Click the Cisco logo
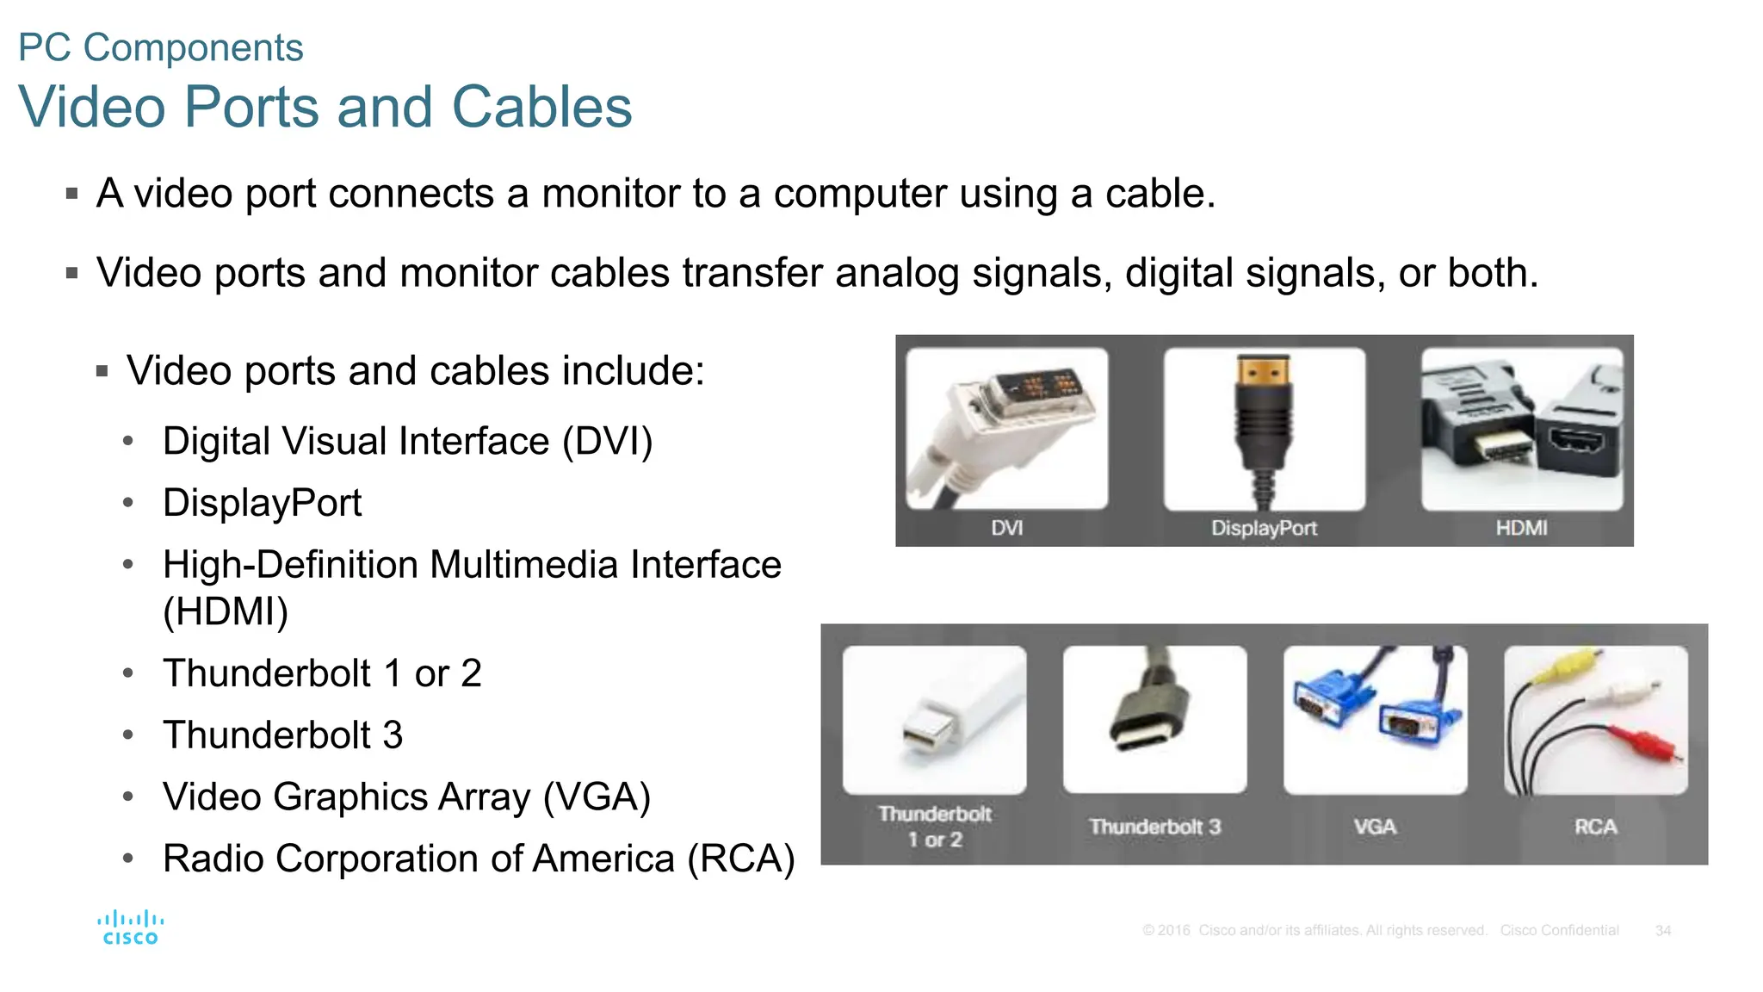(x=130, y=928)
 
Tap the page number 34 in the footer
(x=1662, y=931)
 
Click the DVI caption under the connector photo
(x=1006, y=528)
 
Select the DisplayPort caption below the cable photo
(x=1264, y=528)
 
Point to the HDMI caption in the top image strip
(x=1521, y=528)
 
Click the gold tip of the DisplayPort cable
(x=1263, y=372)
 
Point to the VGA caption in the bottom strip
(x=1375, y=827)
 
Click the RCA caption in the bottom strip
(x=1595, y=827)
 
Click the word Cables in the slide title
(x=541, y=108)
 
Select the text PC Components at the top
(x=161, y=47)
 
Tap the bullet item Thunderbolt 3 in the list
(x=282, y=735)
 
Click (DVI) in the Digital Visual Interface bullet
(x=608, y=442)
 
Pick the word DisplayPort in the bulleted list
(x=262, y=503)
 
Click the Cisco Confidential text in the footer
(x=1559, y=931)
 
